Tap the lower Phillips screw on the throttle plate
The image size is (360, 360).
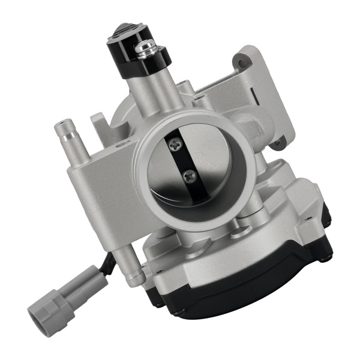190,176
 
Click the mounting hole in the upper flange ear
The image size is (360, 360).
242,61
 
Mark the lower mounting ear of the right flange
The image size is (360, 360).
277,143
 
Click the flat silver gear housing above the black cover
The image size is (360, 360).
258,240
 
